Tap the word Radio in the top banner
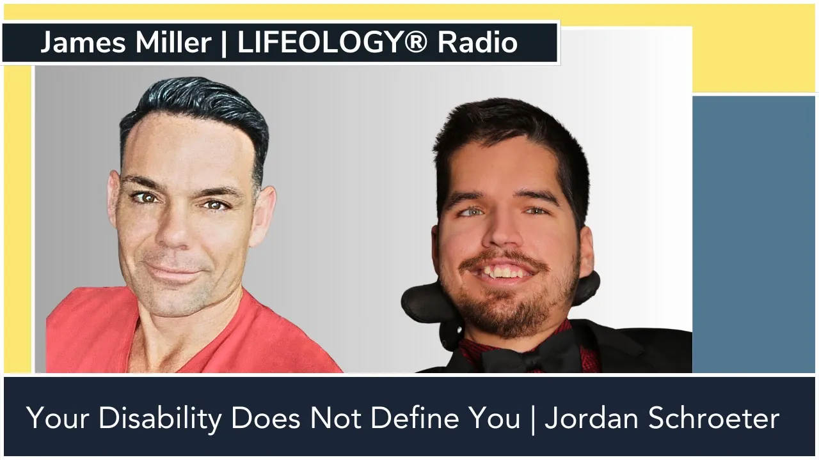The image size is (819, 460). tap(477, 42)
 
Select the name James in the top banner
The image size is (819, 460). tap(83, 43)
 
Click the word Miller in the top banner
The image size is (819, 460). tap(173, 42)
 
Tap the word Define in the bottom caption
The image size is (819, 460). tap(415, 418)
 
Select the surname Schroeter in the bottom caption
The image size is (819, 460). tap(713, 418)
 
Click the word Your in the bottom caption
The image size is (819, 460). tap(58, 418)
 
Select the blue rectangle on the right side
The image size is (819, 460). tap(754, 234)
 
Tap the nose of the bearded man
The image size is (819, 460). tap(502, 230)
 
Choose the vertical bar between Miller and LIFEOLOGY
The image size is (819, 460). tap(224, 43)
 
